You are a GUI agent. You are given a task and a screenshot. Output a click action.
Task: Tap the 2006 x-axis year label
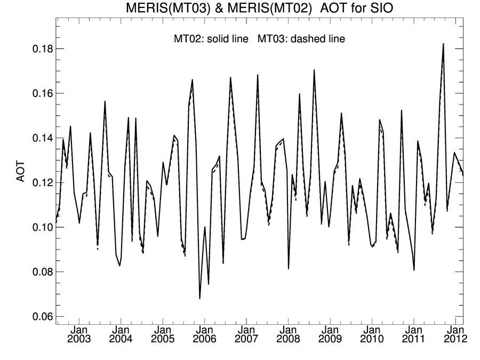click(x=204, y=339)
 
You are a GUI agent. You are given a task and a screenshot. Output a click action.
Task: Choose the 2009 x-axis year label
click(x=330, y=339)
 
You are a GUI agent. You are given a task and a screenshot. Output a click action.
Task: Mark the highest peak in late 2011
click(x=443, y=44)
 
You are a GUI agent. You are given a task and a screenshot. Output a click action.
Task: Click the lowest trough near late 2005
click(x=199, y=298)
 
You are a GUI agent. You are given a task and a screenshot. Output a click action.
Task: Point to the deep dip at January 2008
click(x=289, y=268)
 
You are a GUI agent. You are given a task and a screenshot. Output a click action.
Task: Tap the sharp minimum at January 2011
click(x=414, y=270)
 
